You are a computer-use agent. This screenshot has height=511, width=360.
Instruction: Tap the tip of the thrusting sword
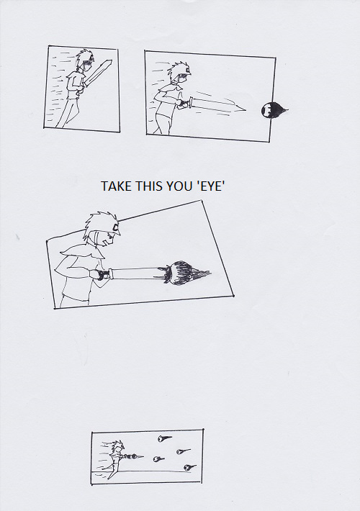pyautogui.click(x=246, y=110)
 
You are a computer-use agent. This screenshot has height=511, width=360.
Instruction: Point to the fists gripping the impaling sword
pyautogui.click(x=102, y=274)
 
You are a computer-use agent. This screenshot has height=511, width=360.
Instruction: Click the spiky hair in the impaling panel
pyautogui.click(x=99, y=225)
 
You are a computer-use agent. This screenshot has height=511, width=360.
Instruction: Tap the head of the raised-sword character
pyautogui.click(x=86, y=61)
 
